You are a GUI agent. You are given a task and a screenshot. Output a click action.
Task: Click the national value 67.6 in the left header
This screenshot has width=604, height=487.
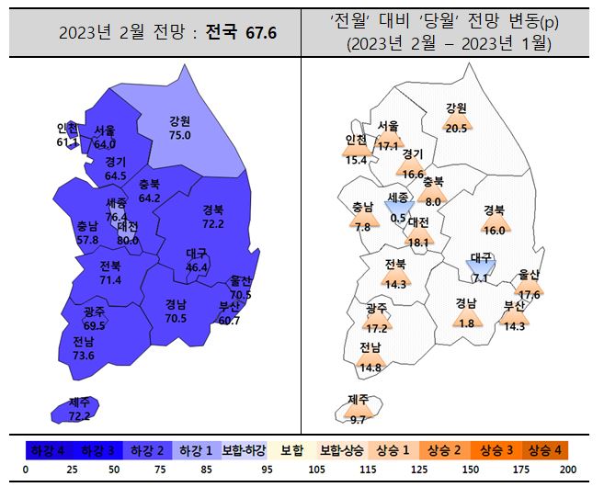point(260,34)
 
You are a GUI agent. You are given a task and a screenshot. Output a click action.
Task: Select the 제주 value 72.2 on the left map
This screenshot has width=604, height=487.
point(80,416)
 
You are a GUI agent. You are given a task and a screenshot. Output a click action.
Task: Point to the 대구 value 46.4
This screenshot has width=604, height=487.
point(197,266)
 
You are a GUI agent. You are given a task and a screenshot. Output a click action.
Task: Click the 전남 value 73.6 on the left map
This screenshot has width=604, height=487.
point(83,356)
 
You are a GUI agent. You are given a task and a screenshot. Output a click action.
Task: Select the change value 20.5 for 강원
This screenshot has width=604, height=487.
point(456,128)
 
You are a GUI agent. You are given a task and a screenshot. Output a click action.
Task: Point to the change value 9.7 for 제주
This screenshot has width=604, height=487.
point(358,419)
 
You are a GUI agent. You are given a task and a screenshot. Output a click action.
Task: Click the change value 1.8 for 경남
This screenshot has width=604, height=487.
point(466,323)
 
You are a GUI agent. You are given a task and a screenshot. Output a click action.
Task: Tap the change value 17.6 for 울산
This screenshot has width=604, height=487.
point(530,294)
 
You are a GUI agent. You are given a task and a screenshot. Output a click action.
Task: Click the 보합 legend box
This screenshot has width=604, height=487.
point(292,451)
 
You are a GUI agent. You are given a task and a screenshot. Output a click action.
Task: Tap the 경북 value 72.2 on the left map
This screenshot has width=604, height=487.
point(213,223)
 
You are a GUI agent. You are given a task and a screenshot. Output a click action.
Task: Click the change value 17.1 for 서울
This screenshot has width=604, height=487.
point(389,145)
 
